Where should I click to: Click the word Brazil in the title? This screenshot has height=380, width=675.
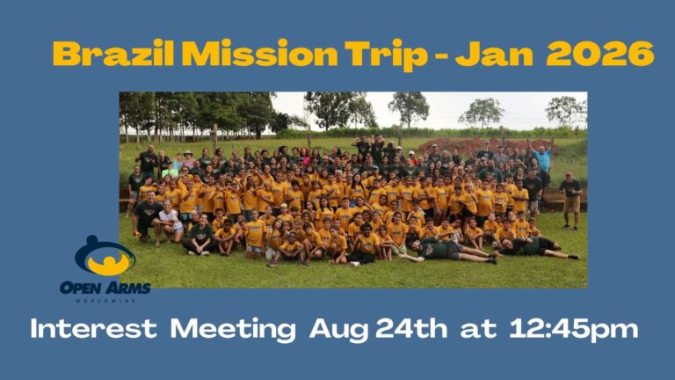(113, 54)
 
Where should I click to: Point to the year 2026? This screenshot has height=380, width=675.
(600, 54)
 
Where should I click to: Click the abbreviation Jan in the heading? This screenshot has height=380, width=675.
(494, 54)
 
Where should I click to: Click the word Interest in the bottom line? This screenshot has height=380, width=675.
(93, 329)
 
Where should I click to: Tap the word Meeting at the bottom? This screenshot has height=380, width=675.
(233, 330)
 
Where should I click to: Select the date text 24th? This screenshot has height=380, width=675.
(411, 329)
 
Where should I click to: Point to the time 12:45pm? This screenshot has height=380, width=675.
(573, 330)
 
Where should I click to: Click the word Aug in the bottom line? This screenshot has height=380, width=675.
(338, 331)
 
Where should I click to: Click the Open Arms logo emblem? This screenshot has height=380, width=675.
(105, 256)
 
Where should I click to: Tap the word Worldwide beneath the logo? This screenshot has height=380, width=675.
(105, 301)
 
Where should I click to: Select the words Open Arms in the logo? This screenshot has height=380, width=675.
(105, 288)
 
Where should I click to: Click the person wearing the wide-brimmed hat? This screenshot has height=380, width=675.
(188, 159)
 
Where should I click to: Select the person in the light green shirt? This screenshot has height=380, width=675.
(170, 169)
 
